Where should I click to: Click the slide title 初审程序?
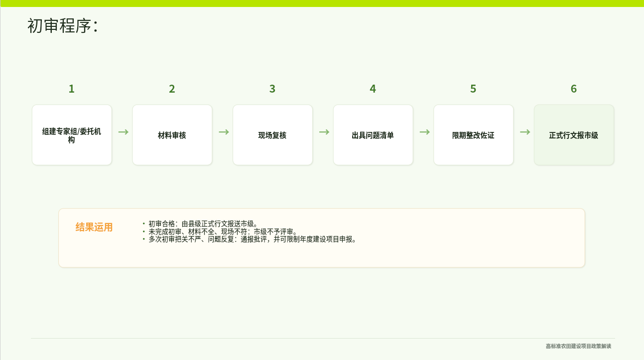(63, 26)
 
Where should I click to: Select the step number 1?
(72, 89)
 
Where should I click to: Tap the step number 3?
(272, 89)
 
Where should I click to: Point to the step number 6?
(574, 89)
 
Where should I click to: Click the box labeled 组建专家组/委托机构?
(72, 135)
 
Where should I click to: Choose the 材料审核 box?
(172, 135)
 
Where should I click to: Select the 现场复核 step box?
(272, 135)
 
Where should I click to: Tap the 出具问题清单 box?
(373, 135)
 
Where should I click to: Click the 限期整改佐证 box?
(473, 135)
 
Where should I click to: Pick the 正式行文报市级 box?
(574, 135)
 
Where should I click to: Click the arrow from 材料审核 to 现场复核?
(224, 132)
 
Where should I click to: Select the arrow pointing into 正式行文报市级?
(525, 132)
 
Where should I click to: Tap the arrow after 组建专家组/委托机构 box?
(124, 132)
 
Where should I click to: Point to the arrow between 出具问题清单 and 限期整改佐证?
(425, 132)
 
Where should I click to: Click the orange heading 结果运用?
(94, 227)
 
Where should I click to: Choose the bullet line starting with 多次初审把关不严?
(249, 240)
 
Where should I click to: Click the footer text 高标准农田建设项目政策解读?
(578, 346)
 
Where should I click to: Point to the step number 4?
(373, 89)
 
